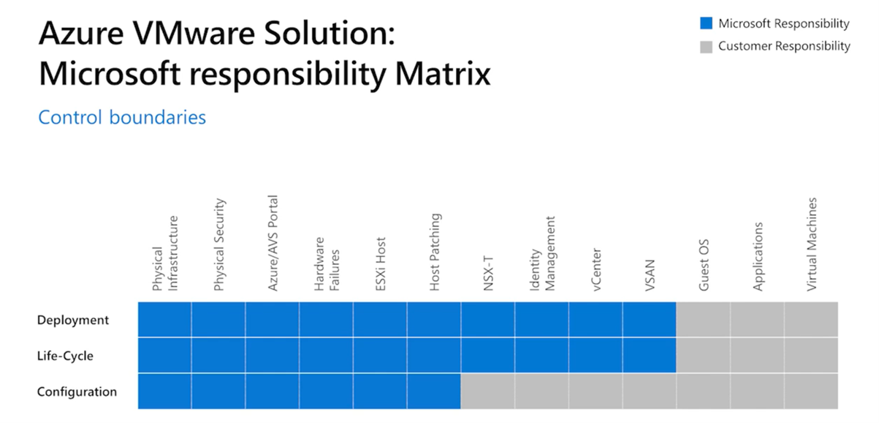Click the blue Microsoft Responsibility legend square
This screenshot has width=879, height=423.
click(706, 23)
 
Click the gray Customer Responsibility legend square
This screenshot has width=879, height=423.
click(706, 46)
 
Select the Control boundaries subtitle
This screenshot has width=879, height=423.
click(122, 117)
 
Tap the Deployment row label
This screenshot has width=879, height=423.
click(73, 320)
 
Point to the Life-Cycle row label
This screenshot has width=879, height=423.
click(66, 356)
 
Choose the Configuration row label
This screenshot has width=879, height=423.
click(77, 392)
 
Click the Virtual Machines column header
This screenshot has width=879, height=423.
click(812, 244)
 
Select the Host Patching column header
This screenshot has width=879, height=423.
click(435, 253)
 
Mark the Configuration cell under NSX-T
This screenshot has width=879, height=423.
click(487, 392)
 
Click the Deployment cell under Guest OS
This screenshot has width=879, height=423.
click(703, 320)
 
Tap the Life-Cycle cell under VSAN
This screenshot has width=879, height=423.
click(650, 356)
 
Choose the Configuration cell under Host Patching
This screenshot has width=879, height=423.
click(434, 392)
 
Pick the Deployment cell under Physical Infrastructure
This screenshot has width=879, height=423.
click(164, 320)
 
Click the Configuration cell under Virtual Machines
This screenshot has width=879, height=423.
click(811, 392)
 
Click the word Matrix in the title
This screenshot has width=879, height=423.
click(438, 73)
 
